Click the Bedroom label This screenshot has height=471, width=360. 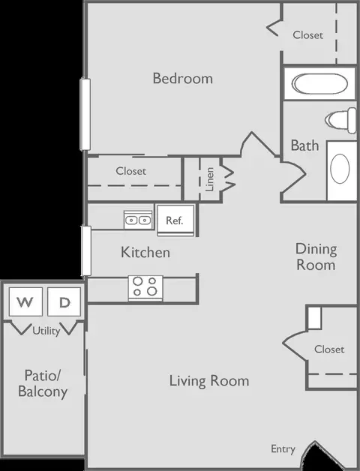(x=183, y=79)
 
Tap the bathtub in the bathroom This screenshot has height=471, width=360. (x=319, y=83)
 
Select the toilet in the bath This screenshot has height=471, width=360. (x=340, y=120)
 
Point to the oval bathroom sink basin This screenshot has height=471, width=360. (x=340, y=169)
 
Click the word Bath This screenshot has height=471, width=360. (x=304, y=145)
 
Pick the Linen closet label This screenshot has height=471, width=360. (x=209, y=179)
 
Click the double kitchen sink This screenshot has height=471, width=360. (x=138, y=220)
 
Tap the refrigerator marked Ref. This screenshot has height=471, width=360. (x=175, y=220)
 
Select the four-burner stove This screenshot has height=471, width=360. (x=145, y=287)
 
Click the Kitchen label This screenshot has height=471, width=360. (x=145, y=252)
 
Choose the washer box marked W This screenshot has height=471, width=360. (x=25, y=301)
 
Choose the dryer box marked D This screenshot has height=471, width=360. (x=64, y=301)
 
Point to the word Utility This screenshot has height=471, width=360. (x=46, y=331)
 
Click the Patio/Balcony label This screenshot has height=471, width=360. (x=43, y=383)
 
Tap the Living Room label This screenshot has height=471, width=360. (x=209, y=380)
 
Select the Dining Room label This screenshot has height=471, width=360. (x=316, y=256)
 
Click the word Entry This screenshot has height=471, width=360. (x=283, y=449)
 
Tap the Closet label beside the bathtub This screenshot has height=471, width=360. (x=308, y=34)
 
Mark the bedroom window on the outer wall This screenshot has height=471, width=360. (x=85, y=114)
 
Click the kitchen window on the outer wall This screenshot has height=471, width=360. (x=86, y=250)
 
